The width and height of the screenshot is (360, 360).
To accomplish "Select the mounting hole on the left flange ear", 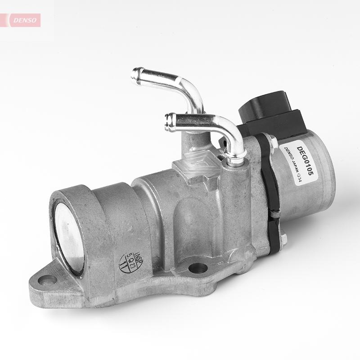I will point(47,280).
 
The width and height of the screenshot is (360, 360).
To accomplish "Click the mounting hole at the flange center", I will point(198,269).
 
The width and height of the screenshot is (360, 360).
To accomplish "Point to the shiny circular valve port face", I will point(68,237).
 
